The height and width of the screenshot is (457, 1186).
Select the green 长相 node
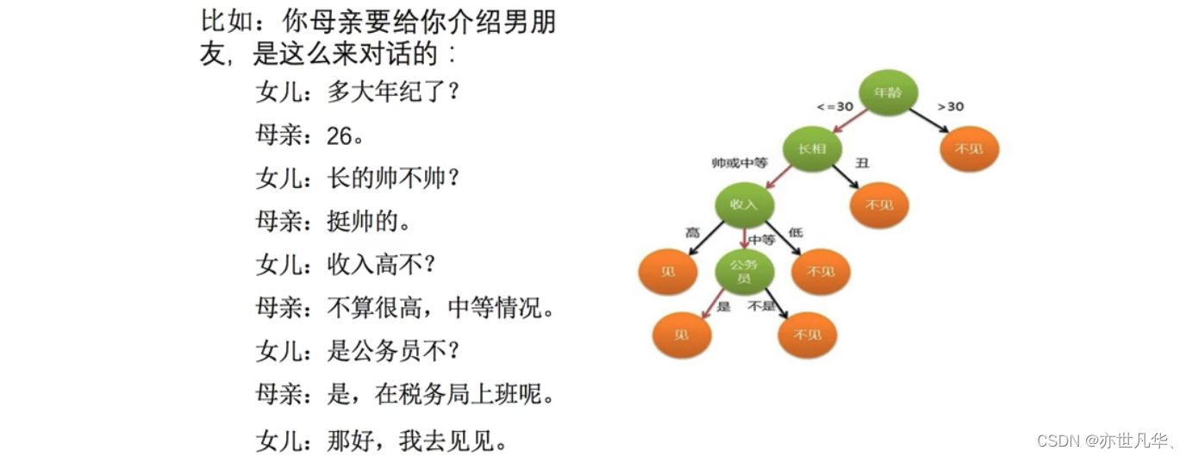(x=812, y=149)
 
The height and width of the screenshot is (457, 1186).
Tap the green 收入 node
(x=744, y=204)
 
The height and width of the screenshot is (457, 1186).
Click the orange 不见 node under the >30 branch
(x=970, y=148)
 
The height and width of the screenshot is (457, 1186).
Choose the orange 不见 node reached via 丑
(x=879, y=205)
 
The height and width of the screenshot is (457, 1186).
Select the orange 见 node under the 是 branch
(x=682, y=335)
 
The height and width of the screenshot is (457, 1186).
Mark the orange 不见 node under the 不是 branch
(x=807, y=335)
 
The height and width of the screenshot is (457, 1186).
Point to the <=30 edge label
(x=834, y=107)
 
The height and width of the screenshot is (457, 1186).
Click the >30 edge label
(x=950, y=107)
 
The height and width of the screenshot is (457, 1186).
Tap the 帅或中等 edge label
(x=739, y=163)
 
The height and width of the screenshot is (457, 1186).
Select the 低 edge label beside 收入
(x=795, y=233)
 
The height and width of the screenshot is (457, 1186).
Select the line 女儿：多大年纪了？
(x=358, y=91)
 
